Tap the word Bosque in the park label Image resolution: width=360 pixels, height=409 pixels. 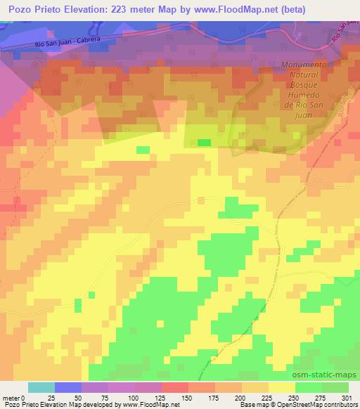point(305,84)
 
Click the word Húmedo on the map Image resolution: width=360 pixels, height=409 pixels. point(305,95)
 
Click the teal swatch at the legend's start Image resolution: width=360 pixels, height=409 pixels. point(41,387)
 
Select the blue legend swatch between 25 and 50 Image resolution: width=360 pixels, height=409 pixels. point(68,387)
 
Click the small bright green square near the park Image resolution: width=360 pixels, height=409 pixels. point(204,142)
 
